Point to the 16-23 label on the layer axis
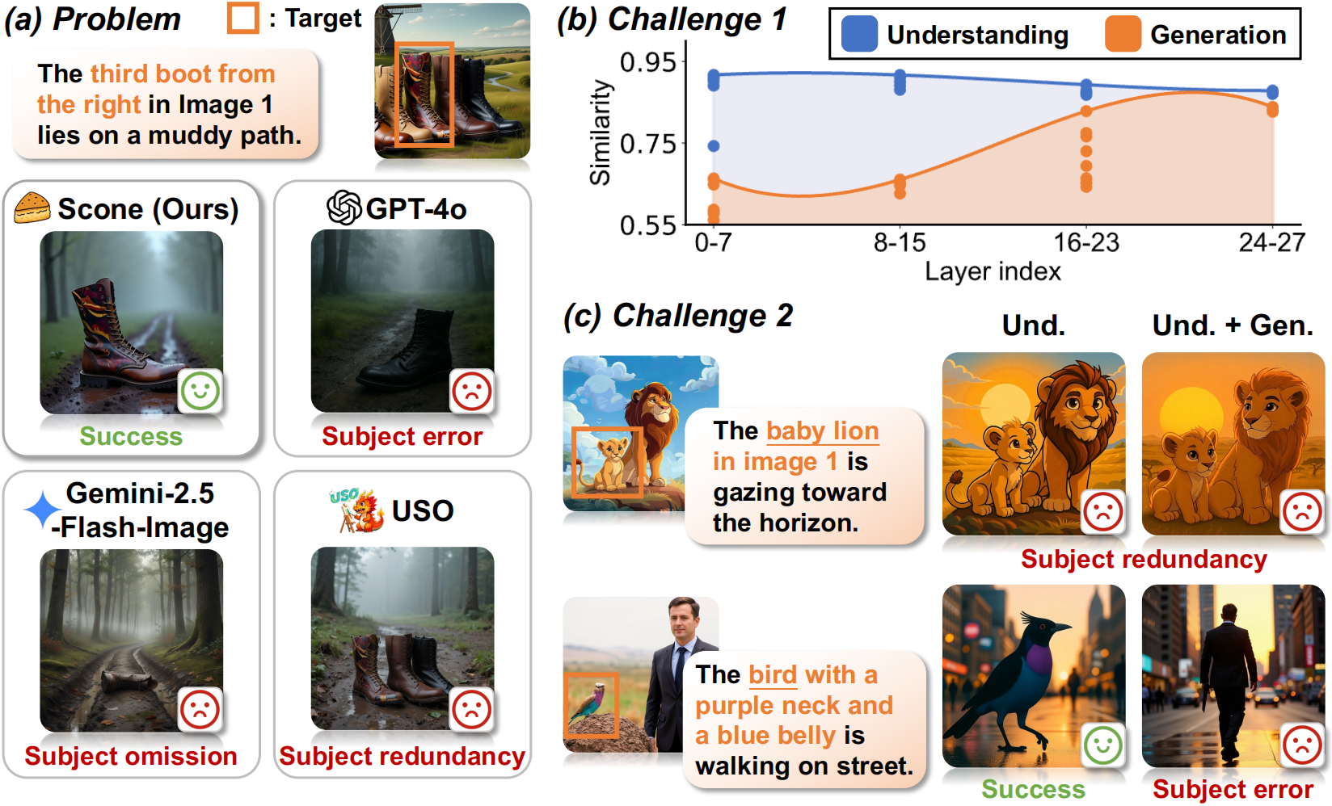1085,242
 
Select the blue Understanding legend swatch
859,35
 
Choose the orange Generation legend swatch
1123,35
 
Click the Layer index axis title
993,271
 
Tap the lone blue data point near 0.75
714,146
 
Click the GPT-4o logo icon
344,208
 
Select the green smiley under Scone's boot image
200,391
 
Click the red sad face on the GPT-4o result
471,391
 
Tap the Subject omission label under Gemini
131,756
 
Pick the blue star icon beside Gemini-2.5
42,510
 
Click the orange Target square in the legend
242,18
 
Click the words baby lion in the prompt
822,431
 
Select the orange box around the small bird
591,705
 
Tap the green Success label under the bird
1033,788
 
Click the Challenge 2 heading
678,316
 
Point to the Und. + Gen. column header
1232,325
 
